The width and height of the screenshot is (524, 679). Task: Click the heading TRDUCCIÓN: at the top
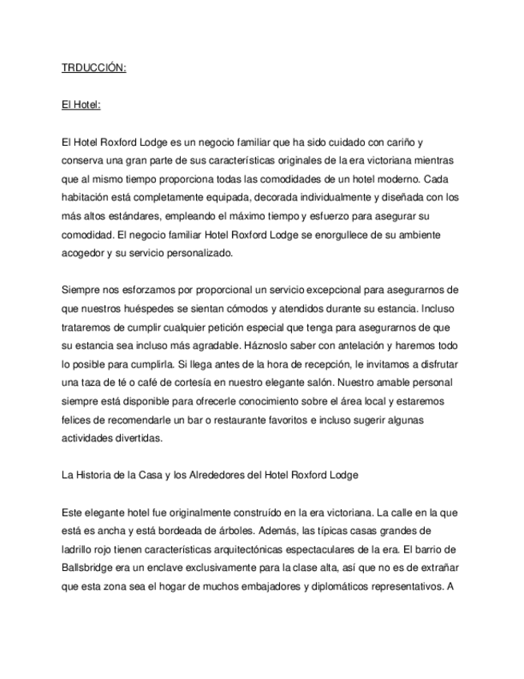coord(94,68)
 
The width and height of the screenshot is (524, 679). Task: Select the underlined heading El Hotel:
coord(81,105)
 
